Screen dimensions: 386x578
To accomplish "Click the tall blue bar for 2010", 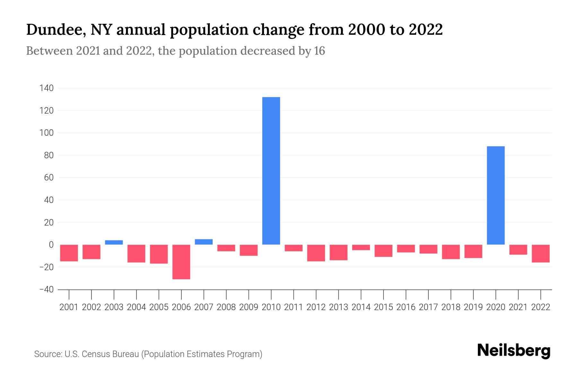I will coord(271,170).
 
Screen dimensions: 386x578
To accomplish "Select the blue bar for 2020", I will coord(495,195).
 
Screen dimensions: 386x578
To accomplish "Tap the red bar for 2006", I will coord(181,262).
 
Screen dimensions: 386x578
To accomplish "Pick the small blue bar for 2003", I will coord(114,242).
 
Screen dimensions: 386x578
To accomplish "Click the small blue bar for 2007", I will coord(204,242).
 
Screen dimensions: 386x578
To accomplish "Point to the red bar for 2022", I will coord(540,253).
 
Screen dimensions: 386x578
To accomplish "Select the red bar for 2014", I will coord(361,247).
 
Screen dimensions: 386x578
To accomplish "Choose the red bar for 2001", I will coord(69,253).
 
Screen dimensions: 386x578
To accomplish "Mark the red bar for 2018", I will coord(451,252).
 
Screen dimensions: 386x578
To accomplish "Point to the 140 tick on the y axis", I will coord(47,88).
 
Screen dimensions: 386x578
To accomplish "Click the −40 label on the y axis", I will coord(46,289).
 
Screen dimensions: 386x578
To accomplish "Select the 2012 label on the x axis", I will coord(316,307).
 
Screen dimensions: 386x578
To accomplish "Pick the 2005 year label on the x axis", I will coord(159,307).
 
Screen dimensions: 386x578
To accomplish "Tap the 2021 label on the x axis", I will coord(518,307).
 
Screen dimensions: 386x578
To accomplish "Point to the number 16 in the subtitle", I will coord(320,51).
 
